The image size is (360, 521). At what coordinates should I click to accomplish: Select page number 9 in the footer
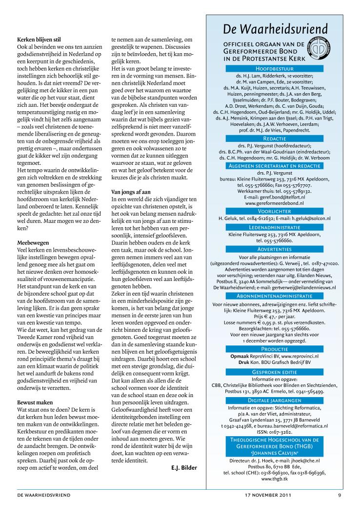pyautogui.click(x=340, y=495)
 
